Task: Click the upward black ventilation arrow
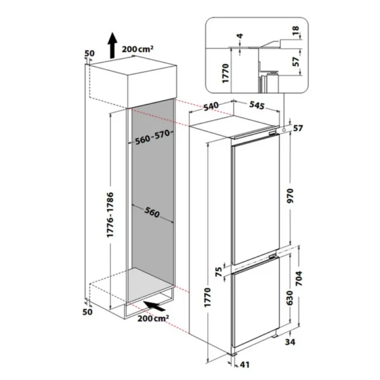[x=112, y=46]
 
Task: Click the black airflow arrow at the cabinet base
[x=154, y=306]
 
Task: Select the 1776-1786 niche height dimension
[x=110, y=215]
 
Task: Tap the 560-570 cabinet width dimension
[x=153, y=137]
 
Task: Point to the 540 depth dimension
[x=211, y=106]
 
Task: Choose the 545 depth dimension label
[x=257, y=105]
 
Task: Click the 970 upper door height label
[x=290, y=196]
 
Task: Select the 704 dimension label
[x=299, y=279]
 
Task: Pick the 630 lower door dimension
[x=289, y=298]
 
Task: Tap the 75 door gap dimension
[x=219, y=272]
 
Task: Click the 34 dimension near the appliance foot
[x=290, y=342]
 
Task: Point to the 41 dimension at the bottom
[x=244, y=365]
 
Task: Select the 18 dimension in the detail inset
[x=296, y=31]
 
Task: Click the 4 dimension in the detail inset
[x=239, y=36]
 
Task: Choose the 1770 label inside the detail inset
[x=225, y=73]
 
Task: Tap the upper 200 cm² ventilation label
[x=137, y=49]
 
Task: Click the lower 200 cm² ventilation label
[x=153, y=318]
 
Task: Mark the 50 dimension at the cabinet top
[x=90, y=53]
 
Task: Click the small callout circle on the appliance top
[x=283, y=130]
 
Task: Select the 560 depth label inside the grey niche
[x=152, y=212]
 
